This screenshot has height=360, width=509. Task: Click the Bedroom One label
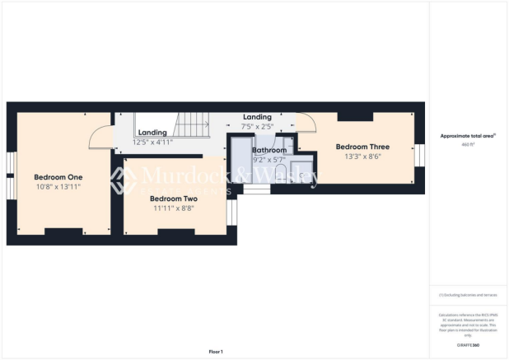(58, 177)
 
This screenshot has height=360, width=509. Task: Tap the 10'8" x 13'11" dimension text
(58, 187)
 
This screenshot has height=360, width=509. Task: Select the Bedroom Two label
(173, 199)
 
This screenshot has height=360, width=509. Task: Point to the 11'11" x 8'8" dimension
(173, 208)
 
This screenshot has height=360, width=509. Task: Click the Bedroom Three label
(362, 147)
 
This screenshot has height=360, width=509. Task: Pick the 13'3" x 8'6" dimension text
(362, 157)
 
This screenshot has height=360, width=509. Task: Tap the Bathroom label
(269, 151)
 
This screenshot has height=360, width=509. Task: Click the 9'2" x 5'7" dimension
(269, 160)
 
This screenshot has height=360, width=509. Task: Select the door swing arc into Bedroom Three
(306, 122)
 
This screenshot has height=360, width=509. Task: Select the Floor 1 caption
(215, 351)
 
